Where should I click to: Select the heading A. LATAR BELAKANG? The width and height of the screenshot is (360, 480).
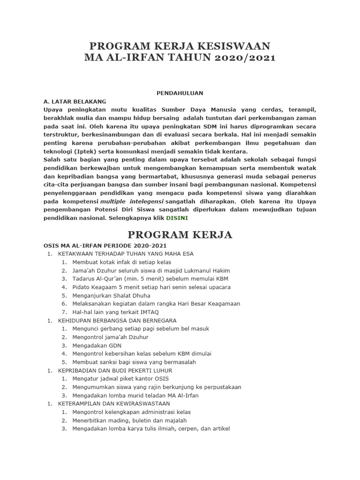coord(75,101)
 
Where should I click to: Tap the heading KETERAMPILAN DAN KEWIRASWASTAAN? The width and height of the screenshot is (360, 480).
coord(114,403)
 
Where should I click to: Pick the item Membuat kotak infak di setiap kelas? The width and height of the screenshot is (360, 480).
coord(121,262)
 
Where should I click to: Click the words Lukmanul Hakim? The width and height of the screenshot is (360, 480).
coord(207,270)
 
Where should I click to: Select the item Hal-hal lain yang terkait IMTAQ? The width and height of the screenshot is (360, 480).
coord(115,312)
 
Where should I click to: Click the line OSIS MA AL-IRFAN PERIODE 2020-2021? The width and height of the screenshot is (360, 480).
coord(105,246)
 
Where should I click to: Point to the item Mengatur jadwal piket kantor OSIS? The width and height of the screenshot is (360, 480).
coord(120,378)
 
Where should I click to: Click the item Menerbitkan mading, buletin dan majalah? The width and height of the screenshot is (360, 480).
coord(129,420)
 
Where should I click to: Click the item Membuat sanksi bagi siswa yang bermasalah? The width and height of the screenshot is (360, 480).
coord(134,362)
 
